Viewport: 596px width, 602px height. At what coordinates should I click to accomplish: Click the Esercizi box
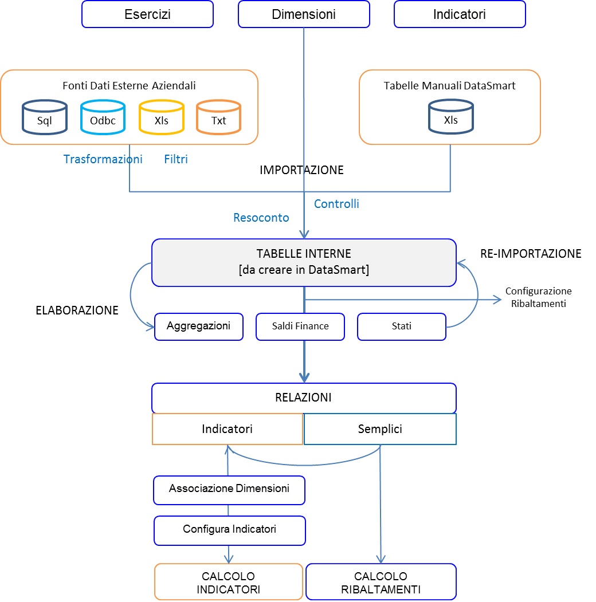point(147,14)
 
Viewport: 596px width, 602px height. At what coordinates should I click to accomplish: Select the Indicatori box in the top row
point(460,14)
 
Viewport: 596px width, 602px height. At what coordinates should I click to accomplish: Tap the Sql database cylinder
point(45,117)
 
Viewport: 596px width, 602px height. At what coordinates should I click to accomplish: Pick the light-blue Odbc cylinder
point(103,117)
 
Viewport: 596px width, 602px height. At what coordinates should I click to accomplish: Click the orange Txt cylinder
point(218,117)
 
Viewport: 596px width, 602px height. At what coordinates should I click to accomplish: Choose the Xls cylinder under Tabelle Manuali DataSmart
point(451,117)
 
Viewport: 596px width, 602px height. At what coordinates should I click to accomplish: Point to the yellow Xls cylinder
point(161,117)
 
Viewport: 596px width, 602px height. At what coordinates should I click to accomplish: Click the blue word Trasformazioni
point(103,159)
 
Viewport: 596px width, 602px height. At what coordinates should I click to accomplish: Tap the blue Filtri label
point(176,159)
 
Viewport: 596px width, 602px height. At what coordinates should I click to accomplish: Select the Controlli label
point(336,204)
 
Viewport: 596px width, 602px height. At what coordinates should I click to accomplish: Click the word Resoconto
point(261,218)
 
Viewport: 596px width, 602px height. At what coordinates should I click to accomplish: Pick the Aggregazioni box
point(199,326)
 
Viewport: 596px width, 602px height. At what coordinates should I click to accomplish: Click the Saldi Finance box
point(300,326)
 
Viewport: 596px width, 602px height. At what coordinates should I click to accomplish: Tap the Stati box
point(402,326)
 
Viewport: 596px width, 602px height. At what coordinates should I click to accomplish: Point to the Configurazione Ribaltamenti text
point(538,297)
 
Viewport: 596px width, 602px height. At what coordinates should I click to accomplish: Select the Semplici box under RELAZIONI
point(380,429)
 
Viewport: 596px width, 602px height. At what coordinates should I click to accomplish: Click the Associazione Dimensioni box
point(229,490)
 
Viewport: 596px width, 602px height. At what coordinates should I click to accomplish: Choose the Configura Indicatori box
point(230,530)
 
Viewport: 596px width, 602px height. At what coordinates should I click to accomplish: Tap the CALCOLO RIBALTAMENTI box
point(381,581)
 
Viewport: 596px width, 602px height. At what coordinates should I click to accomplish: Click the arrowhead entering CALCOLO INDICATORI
point(229,560)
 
